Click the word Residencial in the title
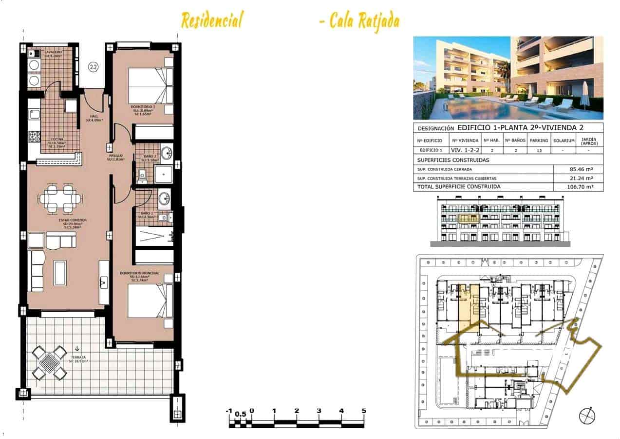211,20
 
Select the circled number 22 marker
92,66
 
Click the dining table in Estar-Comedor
60,198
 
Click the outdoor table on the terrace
49,363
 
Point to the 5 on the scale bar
364,411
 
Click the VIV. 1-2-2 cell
462,150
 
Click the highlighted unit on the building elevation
469,219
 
